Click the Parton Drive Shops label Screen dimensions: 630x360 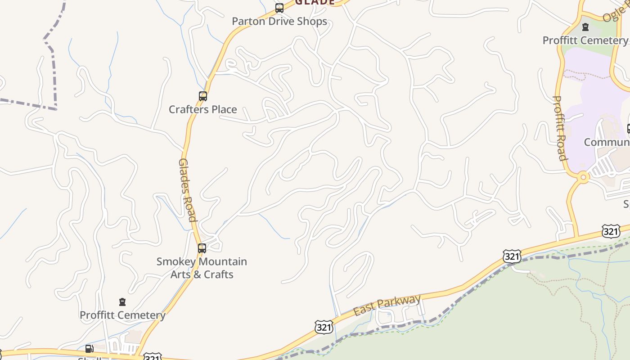(279, 21)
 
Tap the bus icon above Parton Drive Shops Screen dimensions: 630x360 (279, 8)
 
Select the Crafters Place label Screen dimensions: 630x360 (202, 109)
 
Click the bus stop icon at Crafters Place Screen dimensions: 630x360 (202, 96)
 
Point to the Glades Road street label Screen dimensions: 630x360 (188, 190)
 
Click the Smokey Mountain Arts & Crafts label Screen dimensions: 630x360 (202, 268)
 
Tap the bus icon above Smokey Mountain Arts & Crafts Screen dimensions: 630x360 (202, 248)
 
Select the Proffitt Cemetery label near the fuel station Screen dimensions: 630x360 (122, 315)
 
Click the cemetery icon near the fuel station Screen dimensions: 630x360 (122, 301)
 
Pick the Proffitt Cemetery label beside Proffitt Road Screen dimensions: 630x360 (585, 40)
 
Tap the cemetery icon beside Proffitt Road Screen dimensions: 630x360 (585, 27)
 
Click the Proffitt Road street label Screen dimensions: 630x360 (559, 128)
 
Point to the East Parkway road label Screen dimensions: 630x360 (387, 305)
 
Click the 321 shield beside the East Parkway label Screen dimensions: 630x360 (324, 327)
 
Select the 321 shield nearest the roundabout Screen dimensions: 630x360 (610, 232)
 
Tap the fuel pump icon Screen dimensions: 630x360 (89, 348)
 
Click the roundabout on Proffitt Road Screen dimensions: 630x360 (583, 177)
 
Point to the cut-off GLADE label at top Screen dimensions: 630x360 (315, 2)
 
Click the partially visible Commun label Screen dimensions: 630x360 (607, 142)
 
